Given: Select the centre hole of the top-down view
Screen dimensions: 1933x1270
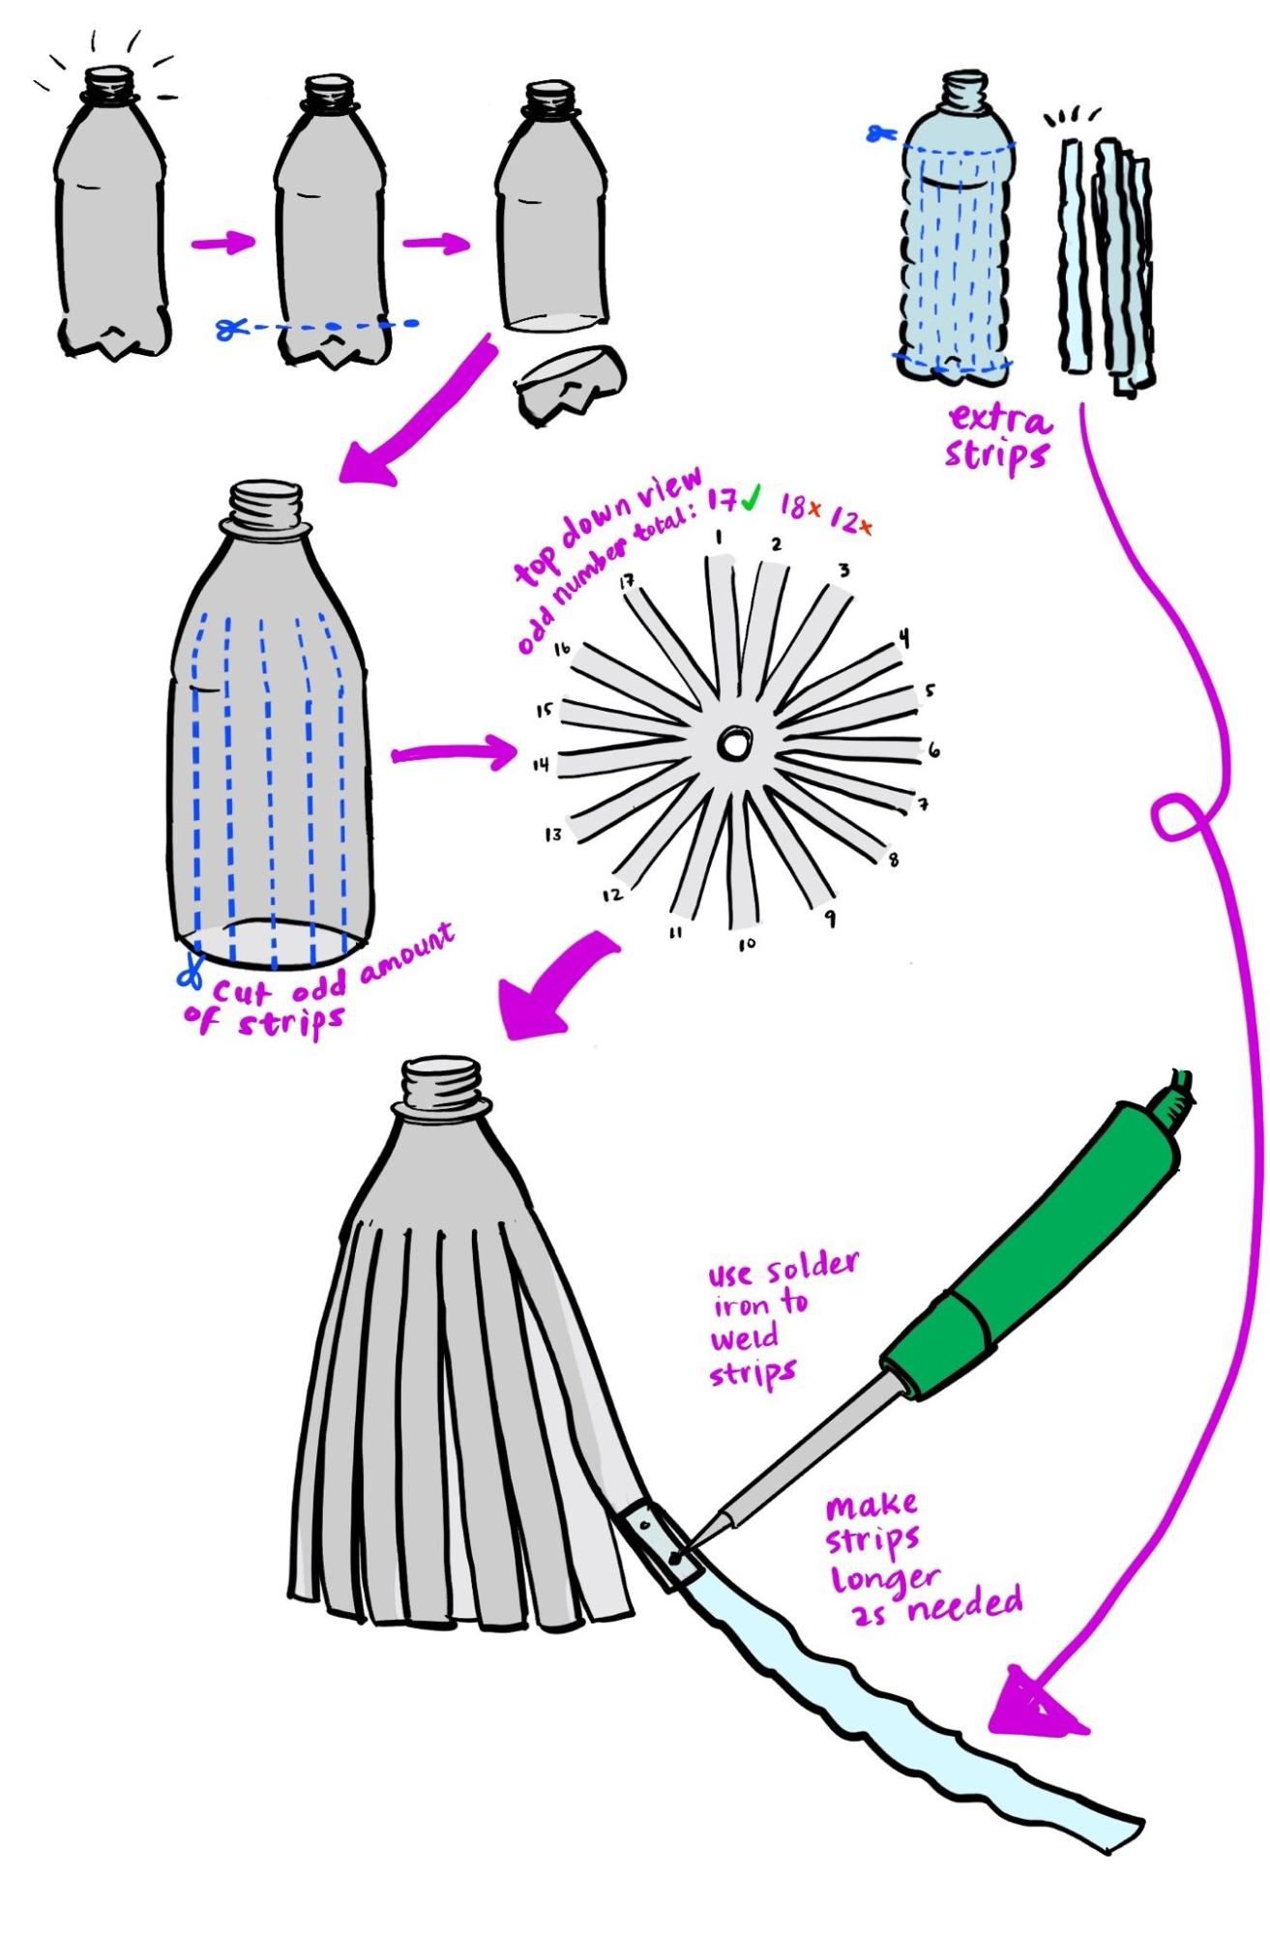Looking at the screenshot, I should pyautogui.click(x=731, y=746).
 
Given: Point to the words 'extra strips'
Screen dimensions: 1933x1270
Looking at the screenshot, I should pyautogui.click(x=998, y=437).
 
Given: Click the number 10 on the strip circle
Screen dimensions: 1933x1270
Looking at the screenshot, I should pyautogui.click(x=747, y=944).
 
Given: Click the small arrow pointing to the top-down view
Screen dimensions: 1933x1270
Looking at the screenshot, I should pyautogui.click(x=455, y=753).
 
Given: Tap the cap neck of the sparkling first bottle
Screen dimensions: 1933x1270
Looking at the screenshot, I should pyautogui.click(x=108, y=84).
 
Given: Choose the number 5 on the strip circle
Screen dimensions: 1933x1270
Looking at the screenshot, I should pyautogui.click(x=930, y=690).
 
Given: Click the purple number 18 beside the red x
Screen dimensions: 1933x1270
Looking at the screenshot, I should pyautogui.click(x=794, y=507).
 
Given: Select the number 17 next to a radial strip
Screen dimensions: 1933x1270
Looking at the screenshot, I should pyautogui.click(x=626, y=582).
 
